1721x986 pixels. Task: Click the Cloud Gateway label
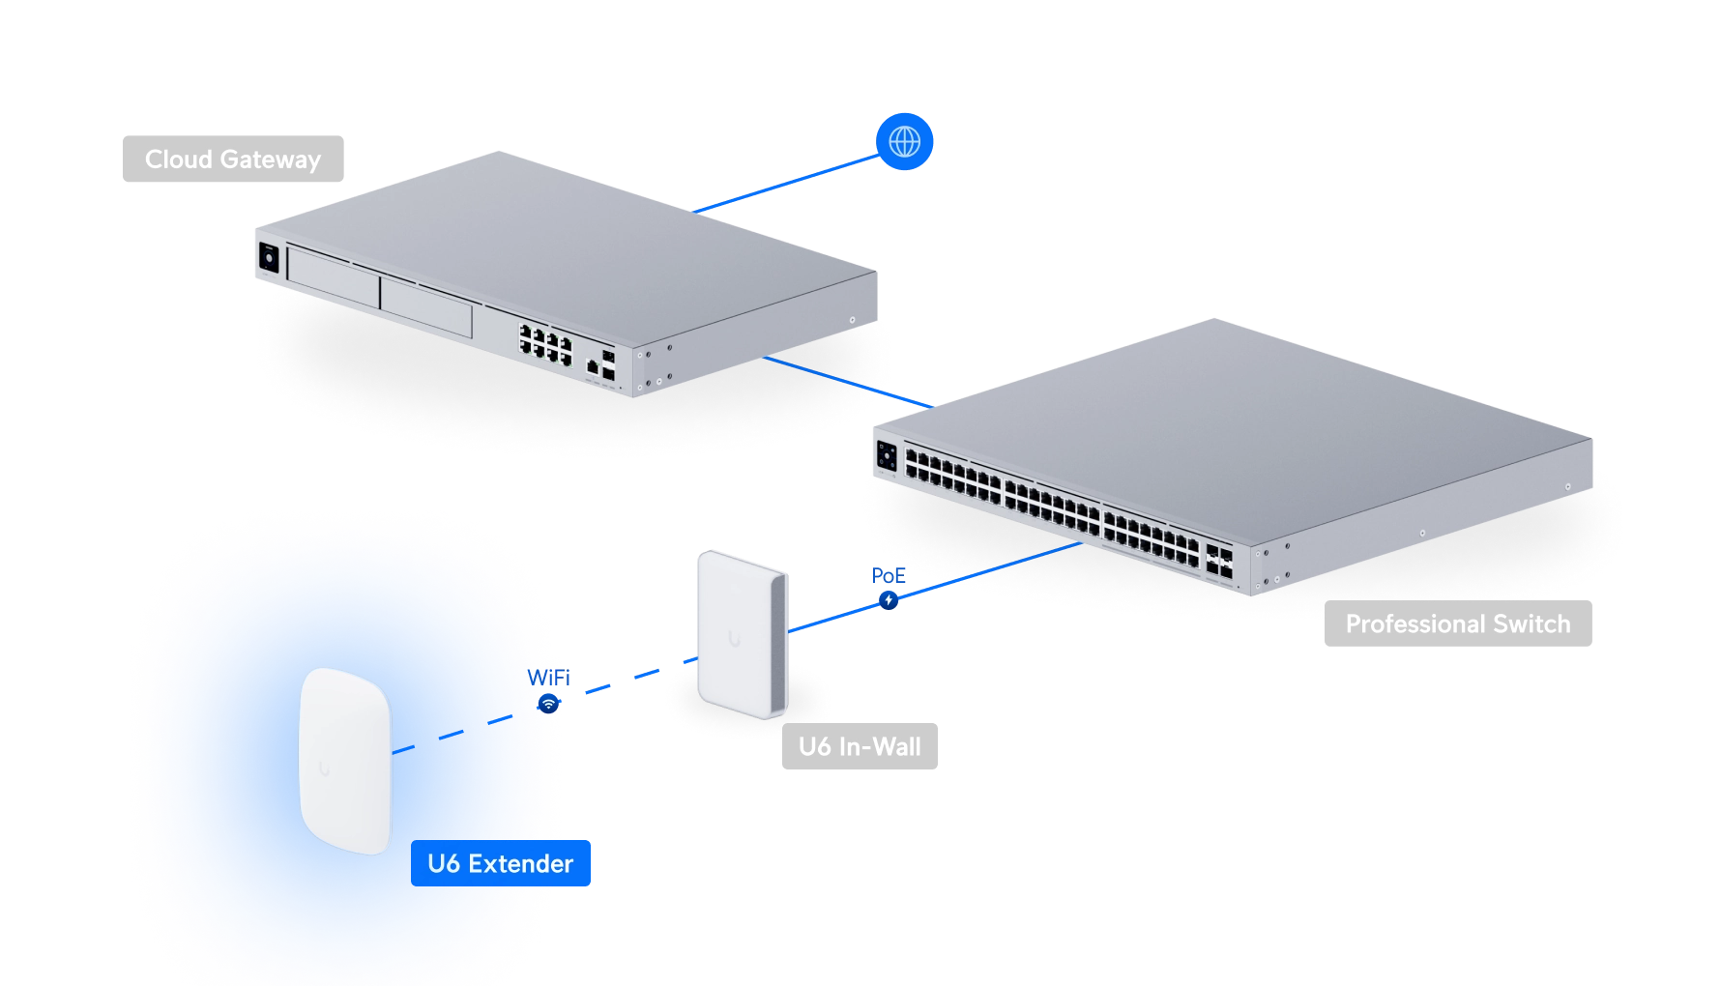[233, 159]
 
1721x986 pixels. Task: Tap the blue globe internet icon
[904, 142]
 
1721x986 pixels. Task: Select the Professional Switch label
[1458, 623]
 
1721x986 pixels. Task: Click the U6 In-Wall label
[860, 746]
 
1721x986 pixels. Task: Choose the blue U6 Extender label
[501, 863]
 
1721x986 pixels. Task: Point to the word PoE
[889, 576]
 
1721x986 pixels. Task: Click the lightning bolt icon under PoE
[889, 600]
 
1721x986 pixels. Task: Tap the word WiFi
[548, 678]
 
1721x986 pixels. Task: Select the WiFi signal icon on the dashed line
[548, 704]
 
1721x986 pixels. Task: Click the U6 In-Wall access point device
[743, 634]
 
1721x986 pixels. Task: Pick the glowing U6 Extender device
[345, 761]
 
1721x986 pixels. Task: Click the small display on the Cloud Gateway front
[269, 258]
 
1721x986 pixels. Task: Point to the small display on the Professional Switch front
[887, 455]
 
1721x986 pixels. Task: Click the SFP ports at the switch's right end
[1218, 562]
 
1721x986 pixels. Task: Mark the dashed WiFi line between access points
[545, 706]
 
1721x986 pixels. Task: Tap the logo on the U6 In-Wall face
[734, 639]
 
